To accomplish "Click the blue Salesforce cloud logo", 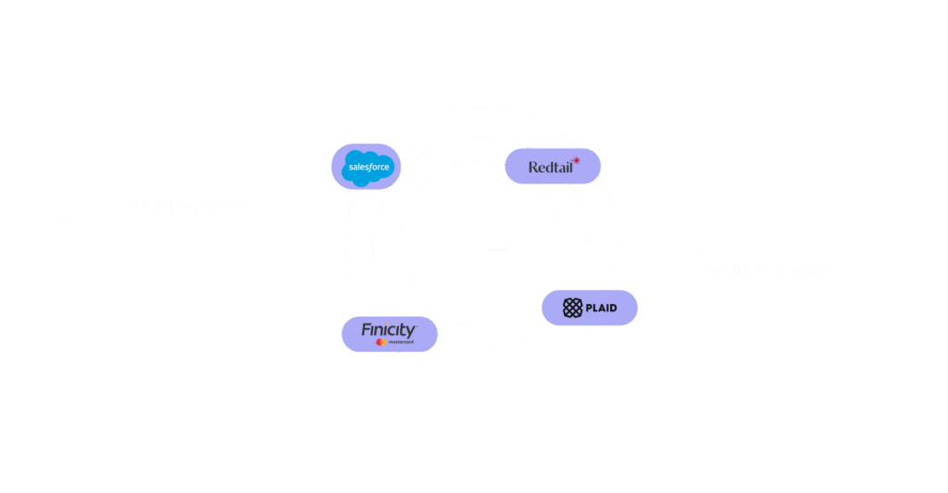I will (x=367, y=168).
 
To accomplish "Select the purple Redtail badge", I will (x=553, y=167).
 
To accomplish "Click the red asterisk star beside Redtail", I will (x=576, y=161).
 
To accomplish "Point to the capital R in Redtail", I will (x=533, y=168).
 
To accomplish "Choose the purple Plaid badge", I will (x=590, y=308).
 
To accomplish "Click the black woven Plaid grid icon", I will (x=572, y=308).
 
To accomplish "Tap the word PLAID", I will (x=601, y=308).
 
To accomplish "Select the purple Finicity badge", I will (x=389, y=335).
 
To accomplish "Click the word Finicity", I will (x=389, y=330).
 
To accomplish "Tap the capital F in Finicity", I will (x=367, y=330).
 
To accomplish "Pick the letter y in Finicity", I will (x=411, y=331).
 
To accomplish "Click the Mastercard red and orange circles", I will (x=380, y=342).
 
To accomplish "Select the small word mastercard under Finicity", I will (x=400, y=343).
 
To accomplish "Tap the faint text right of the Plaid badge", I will (x=768, y=269).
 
